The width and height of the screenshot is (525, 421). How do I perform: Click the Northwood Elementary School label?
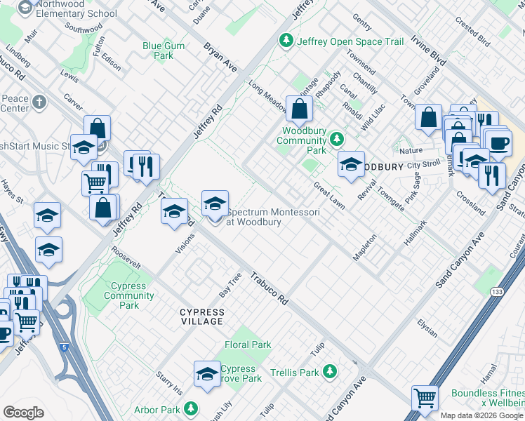coord(76,9)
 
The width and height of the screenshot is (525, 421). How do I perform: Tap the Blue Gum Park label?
coord(158,51)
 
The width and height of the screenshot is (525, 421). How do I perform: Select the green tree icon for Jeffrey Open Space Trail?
coord(286,41)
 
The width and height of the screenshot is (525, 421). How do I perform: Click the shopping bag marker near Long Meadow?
coord(299,109)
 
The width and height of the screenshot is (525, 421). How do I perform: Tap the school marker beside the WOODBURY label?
coord(351,165)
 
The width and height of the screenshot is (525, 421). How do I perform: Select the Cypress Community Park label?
coord(119,295)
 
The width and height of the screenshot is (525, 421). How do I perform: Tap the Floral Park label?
coord(247,345)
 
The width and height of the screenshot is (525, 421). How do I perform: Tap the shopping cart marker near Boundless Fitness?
coord(425,399)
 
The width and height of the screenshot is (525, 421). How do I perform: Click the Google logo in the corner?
coord(23,413)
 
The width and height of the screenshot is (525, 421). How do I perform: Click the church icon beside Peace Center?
coord(39,103)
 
